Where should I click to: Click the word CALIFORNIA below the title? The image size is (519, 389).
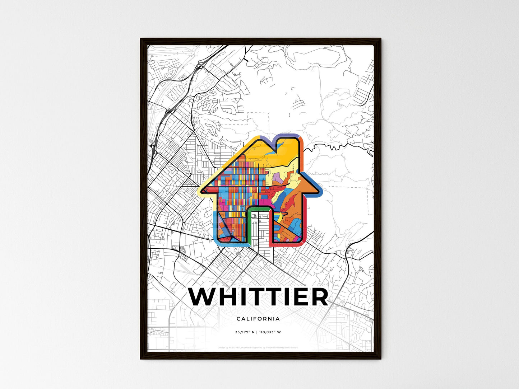(258, 319)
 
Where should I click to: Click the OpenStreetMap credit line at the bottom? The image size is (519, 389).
(258, 348)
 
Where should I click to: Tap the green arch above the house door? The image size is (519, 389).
(259, 209)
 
